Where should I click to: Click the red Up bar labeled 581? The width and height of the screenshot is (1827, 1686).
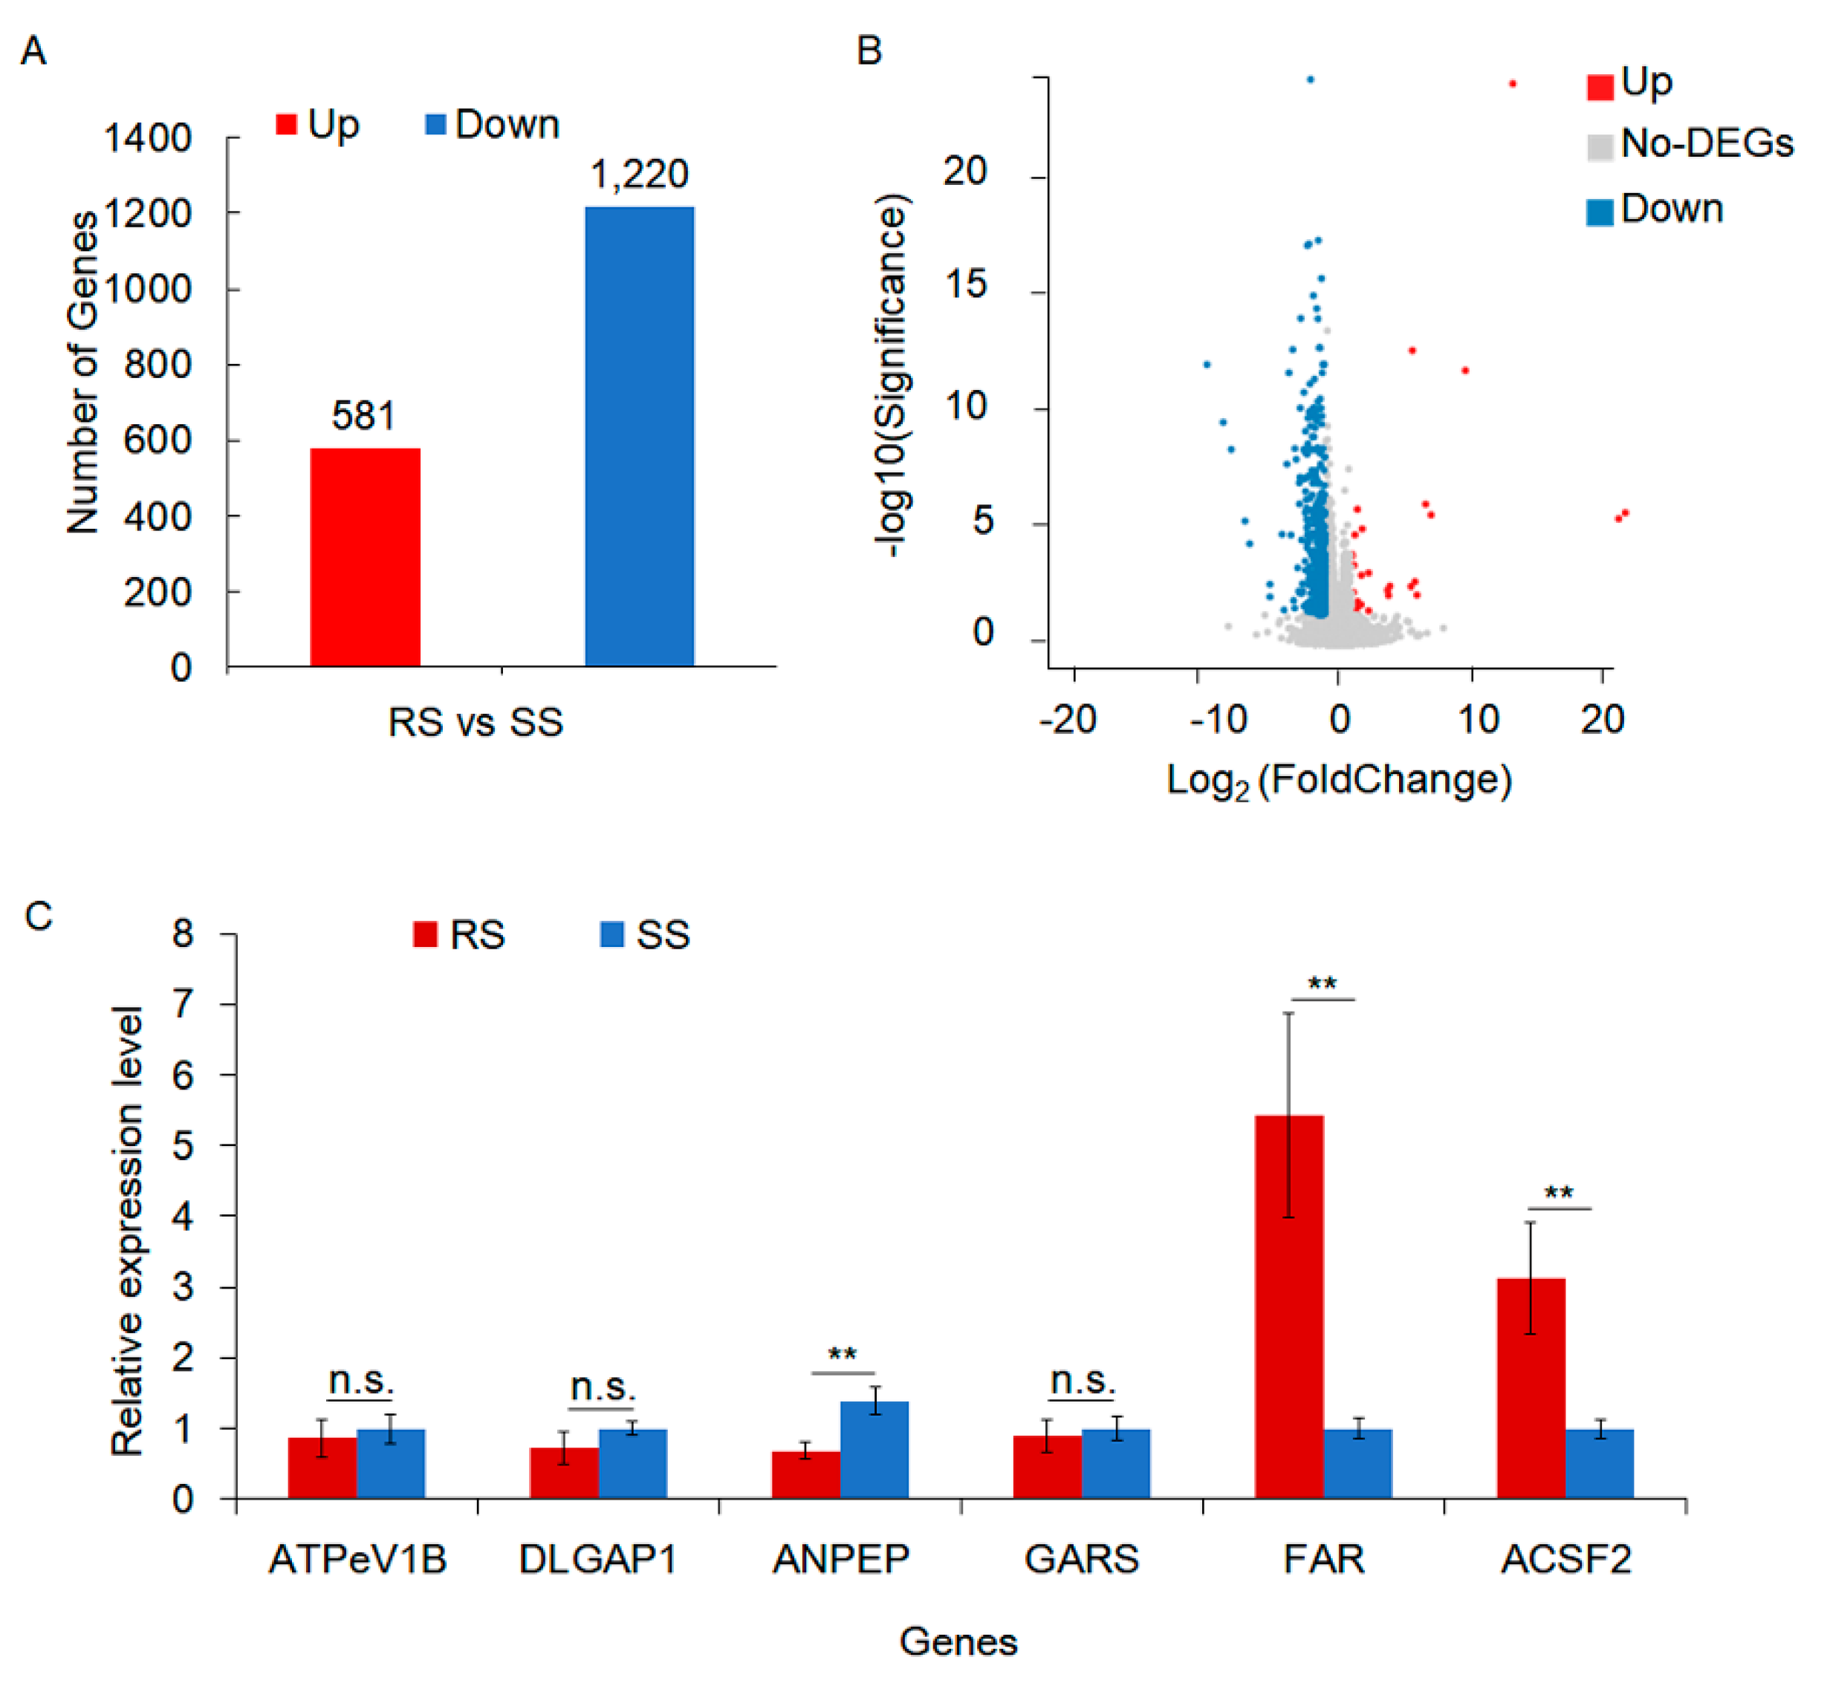tap(365, 558)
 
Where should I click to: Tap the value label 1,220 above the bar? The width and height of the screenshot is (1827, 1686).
tap(639, 175)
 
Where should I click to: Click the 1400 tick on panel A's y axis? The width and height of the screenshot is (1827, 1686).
tap(148, 139)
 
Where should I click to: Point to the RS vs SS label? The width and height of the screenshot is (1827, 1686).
tap(476, 723)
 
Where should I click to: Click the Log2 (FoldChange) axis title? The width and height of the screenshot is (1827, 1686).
tap(1339, 781)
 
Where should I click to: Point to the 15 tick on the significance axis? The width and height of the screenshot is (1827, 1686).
tap(966, 285)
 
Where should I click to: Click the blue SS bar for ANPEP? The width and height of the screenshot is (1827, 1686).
tap(874, 1450)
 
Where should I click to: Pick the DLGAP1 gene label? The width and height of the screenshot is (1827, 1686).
tap(598, 1559)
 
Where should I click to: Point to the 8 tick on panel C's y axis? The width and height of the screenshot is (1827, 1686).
tap(184, 934)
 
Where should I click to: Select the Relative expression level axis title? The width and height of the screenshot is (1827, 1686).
tap(128, 1231)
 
